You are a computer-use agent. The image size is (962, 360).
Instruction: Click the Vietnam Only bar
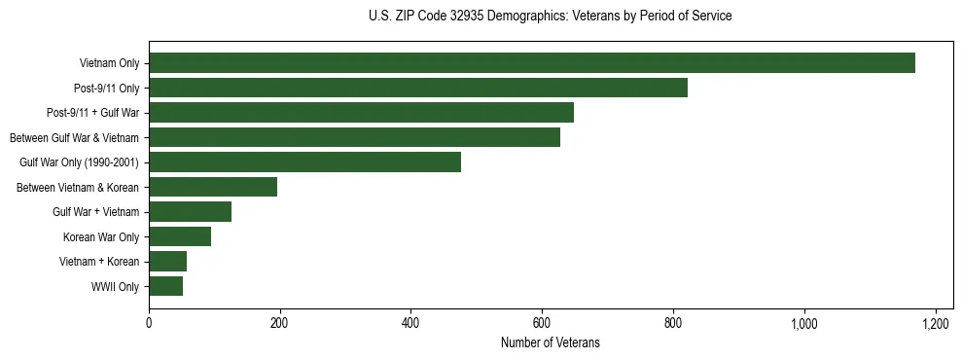click(x=532, y=63)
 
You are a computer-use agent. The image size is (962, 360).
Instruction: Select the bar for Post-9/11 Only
click(x=418, y=88)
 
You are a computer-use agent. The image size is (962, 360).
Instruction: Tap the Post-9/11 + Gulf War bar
click(x=361, y=113)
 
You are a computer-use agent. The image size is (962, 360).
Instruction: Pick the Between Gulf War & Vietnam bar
click(x=354, y=137)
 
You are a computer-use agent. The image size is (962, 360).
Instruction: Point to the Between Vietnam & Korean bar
click(x=213, y=187)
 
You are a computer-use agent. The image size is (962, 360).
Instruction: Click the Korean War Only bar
click(x=180, y=236)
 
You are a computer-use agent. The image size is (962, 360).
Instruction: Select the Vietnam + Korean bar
click(x=167, y=261)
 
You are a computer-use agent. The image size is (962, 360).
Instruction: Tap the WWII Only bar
click(x=165, y=286)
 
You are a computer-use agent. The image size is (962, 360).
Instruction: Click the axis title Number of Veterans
click(x=550, y=343)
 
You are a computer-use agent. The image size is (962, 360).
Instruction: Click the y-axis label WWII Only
click(x=115, y=286)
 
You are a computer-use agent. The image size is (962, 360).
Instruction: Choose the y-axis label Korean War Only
click(x=101, y=236)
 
